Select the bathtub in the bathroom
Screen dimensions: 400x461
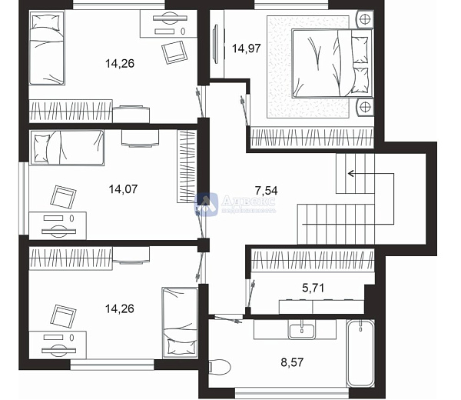click(x=360, y=354)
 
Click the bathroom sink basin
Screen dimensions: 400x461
click(x=302, y=331)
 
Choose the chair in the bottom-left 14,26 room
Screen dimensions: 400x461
click(x=63, y=315)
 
